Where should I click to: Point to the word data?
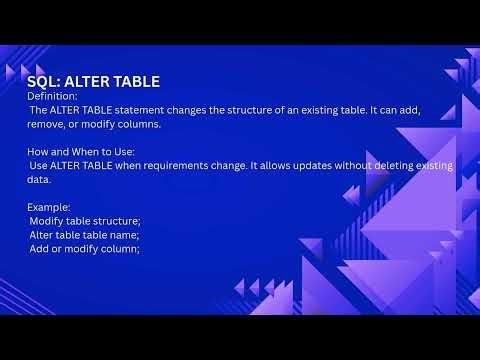[41, 179]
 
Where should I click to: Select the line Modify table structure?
[85, 219]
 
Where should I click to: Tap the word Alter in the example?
[43, 234]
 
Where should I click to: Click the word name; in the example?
[123, 234]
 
